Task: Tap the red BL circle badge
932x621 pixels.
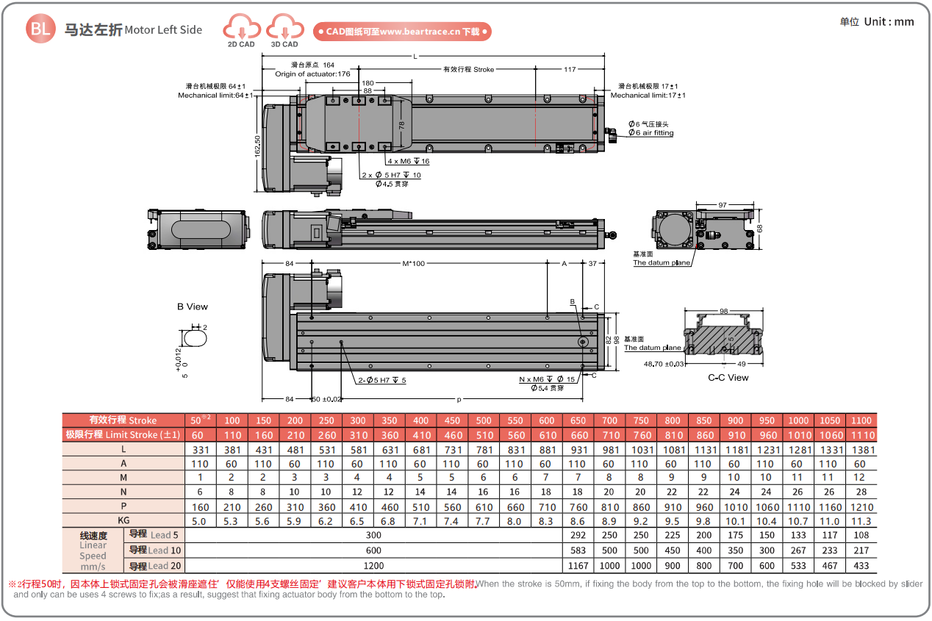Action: pyautogui.click(x=40, y=29)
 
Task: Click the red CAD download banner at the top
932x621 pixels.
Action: pyautogui.click(x=402, y=32)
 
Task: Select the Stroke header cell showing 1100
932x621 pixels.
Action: pyautogui.click(x=861, y=421)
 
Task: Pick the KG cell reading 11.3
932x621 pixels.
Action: pyautogui.click(x=861, y=521)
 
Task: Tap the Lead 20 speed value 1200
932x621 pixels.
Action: pyautogui.click(x=374, y=565)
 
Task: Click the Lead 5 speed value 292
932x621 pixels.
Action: pyautogui.click(x=578, y=536)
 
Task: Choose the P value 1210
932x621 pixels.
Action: pyautogui.click(x=861, y=507)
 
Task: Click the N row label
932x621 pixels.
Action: pyautogui.click(x=123, y=492)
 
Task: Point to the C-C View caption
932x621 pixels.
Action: pyautogui.click(x=728, y=378)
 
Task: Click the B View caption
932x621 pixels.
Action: pyautogui.click(x=193, y=306)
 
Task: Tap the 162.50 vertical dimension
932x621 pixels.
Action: pyautogui.click(x=257, y=145)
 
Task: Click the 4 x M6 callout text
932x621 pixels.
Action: pyautogui.click(x=408, y=161)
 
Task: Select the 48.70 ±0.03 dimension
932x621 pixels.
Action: pyautogui.click(x=664, y=364)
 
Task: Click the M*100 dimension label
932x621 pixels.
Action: pyautogui.click(x=415, y=263)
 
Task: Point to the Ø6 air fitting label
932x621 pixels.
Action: pyautogui.click(x=650, y=133)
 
